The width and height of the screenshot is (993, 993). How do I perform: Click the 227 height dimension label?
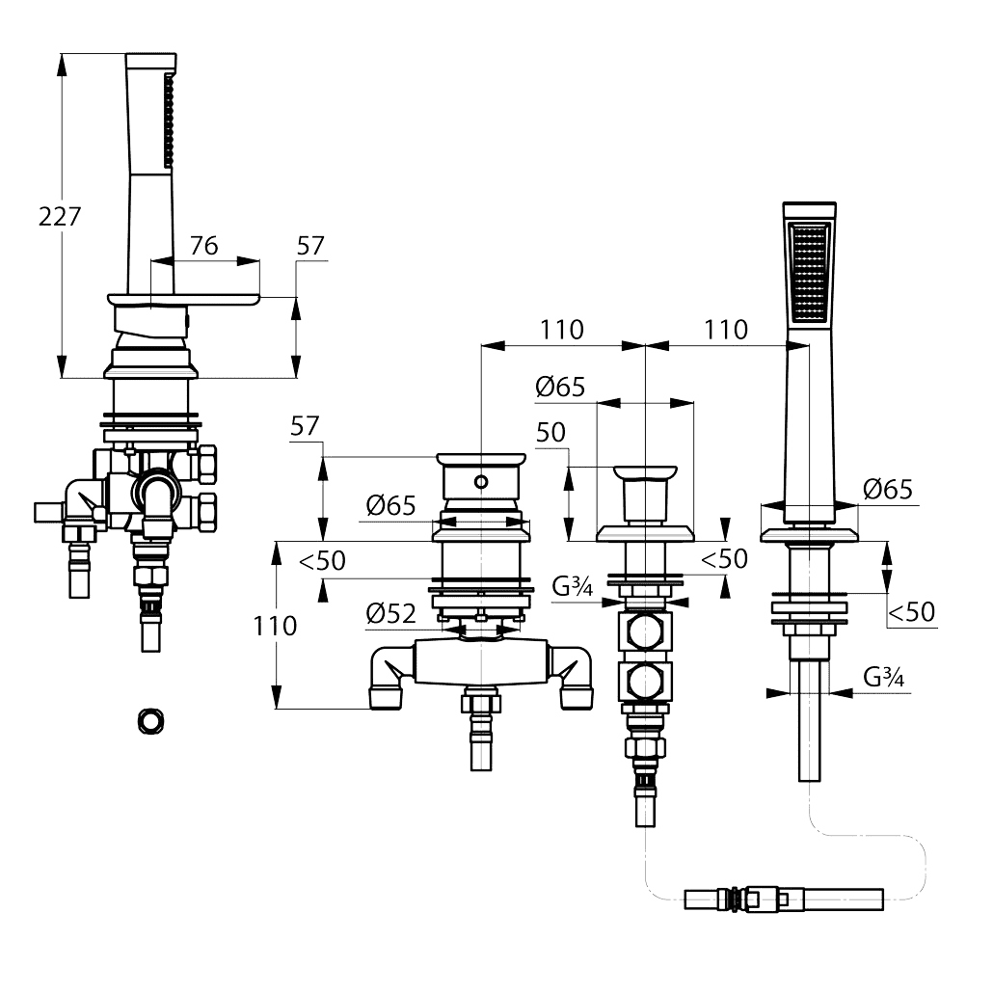coord(60,217)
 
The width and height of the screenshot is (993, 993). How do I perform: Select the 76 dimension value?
coord(204,246)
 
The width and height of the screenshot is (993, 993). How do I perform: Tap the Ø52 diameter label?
coord(390,613)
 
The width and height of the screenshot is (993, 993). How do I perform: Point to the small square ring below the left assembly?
coord(150,721)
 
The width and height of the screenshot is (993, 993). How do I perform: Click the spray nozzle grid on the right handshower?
coord(810,272)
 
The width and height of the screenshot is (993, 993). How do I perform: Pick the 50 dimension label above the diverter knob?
coord(550,433)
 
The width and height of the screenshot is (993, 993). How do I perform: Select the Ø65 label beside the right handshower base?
coord(888,490)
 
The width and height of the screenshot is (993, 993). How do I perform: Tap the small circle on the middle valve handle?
coord(481,482)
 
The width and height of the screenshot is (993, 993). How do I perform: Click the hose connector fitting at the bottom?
coord(784,899)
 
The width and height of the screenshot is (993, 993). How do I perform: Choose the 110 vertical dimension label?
coord(275,626)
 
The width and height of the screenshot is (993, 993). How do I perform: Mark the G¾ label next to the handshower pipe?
coord(884,677)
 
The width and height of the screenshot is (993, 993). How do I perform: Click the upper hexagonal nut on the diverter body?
coord(644,632)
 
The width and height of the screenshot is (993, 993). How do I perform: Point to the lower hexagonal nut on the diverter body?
coord(644,682)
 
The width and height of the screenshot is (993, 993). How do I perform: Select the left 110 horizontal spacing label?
coord(562,330)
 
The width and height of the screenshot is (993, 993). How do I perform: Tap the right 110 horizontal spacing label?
coord(726,330)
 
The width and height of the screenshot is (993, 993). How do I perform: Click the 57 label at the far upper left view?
coord(310,246)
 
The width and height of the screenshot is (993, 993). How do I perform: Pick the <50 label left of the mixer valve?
coord(322,560)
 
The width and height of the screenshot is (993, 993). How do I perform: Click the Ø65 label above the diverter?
coord(560,387)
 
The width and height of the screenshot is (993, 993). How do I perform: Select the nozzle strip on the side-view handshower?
coord(169,121)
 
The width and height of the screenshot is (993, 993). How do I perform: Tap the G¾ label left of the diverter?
coord(573,586)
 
